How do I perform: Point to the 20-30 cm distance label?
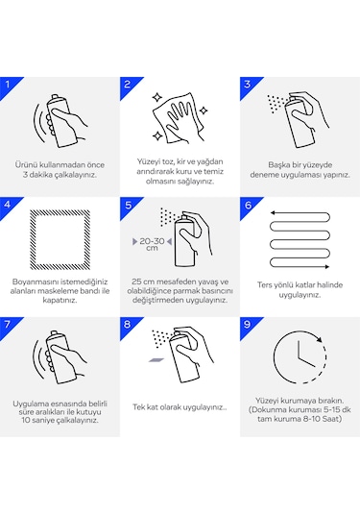click(152, 244)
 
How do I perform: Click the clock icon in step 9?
click(274, 357)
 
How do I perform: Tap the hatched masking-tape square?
click(31, 240)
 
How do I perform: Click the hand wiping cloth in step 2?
click(180, 119)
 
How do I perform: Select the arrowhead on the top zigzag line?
click(273, 212)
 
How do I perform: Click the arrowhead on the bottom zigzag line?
click(326, 266)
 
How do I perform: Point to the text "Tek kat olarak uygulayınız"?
click(179, 407)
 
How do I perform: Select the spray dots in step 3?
click(276, 103)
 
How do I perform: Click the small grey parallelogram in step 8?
click(156, 360)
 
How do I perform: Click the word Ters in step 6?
click(264, 285)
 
